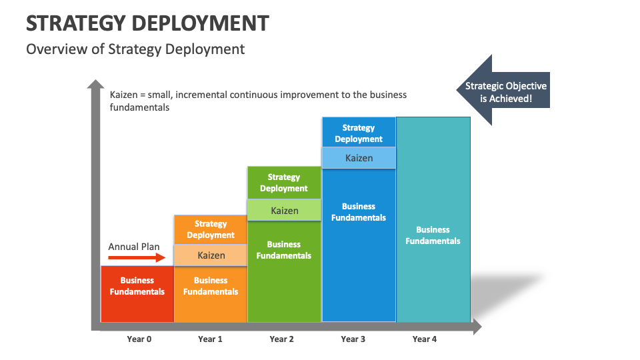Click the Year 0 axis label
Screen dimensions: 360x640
(x=139, y=339)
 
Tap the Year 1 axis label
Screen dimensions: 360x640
(x=211, y=339)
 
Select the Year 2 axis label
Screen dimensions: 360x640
(x=282, y=339)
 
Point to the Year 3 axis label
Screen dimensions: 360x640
(x=353, y=339)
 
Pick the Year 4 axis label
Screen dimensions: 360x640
(x=425, y=339)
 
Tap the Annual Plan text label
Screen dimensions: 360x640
(x=134, y=247)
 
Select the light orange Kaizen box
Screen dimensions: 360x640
(x=211, y=255)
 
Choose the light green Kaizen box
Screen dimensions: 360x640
(x=284, y=211)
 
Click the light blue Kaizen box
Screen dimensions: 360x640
(x=359, y=158)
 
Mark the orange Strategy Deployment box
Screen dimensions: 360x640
(x=211, y=229)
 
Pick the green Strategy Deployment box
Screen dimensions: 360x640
(x=284, y=183)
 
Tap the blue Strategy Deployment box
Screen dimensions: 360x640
(x=359, y=133)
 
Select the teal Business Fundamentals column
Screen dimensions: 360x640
(x=433, y=235)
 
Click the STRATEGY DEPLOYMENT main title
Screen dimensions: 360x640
(x=147, y=23)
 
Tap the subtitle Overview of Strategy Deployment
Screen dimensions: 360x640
(x=135, y=49)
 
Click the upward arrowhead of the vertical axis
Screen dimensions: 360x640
(x=96, y=85)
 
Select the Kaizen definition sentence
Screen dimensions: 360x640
(x=258, y=101)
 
